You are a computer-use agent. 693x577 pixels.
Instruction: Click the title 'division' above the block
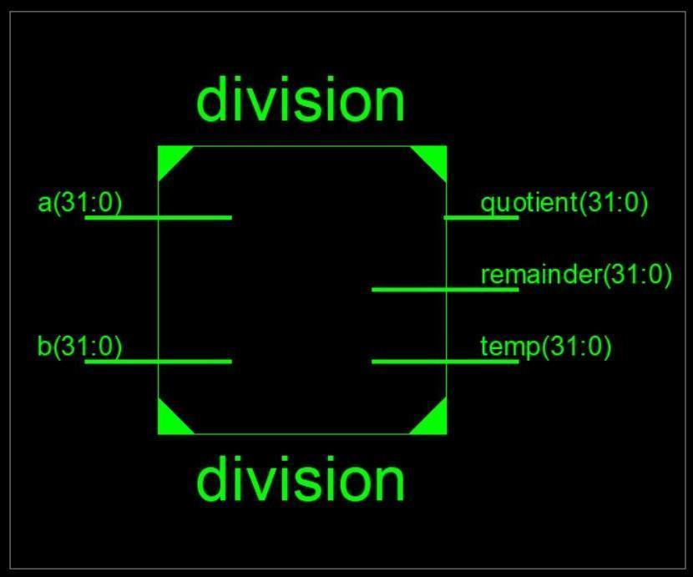pyautogui.click(x=301, y=99)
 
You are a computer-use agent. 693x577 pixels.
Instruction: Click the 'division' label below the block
pyautogui.click(x=301, y=480)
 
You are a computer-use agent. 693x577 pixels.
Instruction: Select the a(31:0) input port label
pyautogui.click(x=80, y=203)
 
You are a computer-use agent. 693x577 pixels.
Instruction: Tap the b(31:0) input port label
pyautogui.click(x=80, y=346)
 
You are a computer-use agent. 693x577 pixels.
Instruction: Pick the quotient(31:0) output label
pyautogui.click(x=564, y=203)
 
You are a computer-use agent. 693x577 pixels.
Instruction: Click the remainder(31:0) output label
pyautogui.click(x=576, y=275)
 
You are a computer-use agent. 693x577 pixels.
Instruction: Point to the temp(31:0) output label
pyautogui.click(x=546, y=346)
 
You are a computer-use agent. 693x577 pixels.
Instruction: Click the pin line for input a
pyautogui.click(x=159, y=217)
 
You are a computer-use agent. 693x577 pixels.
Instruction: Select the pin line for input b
pyautogui.click(x=159, y=362)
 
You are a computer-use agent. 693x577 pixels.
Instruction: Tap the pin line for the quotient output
pyautogui.click(x=481, y=217)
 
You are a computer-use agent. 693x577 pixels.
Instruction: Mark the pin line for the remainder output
pyautogui.click(x=444, y=290)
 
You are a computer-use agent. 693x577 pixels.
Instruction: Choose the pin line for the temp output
pyautogui.click(x=444, y=362)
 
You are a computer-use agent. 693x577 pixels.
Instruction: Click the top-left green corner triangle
pyautogui.click(x=169, y=158)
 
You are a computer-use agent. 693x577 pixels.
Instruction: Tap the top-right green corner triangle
pyautogui.click(x=434, y=158)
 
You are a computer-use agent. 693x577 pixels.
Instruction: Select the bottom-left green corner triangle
pyautogui.click(x=169, y=422)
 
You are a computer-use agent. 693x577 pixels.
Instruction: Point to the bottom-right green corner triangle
pyautogui.click(x=434, y=422)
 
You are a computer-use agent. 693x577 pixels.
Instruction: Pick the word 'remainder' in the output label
pyautogui.click(x=541, y=275)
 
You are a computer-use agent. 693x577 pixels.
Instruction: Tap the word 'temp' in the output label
pyautogui.click(x=510, y=347)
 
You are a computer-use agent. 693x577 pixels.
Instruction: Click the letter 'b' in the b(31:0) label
pyautogui.click(x=44, y=346)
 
